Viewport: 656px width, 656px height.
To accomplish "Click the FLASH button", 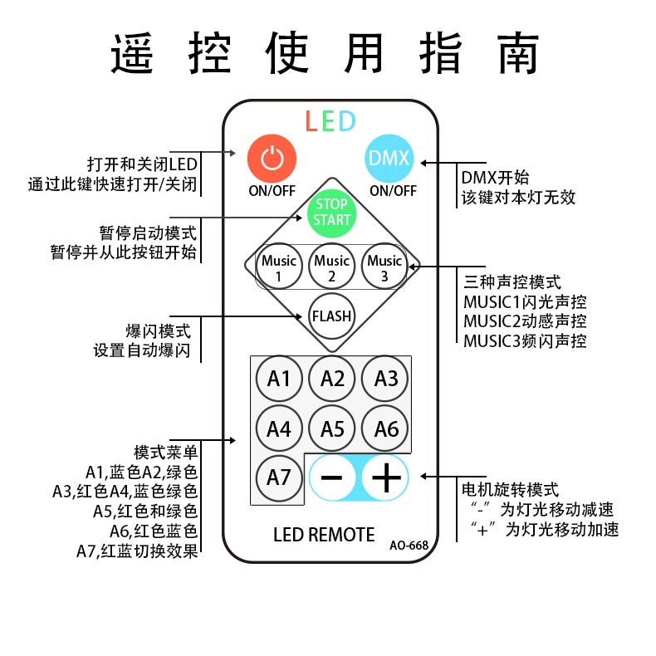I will (331, 316).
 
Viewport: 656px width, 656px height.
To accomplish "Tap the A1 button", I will (279, 379).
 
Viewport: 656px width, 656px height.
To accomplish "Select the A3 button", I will (386, 379).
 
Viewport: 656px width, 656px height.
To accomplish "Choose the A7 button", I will (279, 478).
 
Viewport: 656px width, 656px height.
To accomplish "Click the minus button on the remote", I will (331, 478).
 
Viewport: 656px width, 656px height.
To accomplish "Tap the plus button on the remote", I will (386, 478).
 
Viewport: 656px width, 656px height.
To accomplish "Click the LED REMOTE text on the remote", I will (324, 534).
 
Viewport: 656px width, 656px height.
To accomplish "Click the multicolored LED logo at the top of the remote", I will (330, 121).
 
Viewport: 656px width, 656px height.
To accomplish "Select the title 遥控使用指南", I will (326, 53).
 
